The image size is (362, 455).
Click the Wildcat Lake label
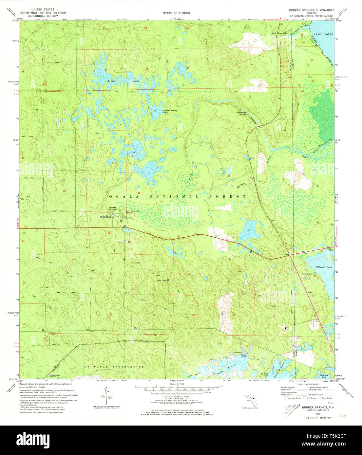[324, 267]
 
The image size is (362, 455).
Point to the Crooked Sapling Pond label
[170, 111]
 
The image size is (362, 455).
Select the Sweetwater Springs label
[241, 113]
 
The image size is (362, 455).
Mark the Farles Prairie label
[226, 371]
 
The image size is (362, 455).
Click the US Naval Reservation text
[114, 367]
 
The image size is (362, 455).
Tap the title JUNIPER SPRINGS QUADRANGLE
[311, 10]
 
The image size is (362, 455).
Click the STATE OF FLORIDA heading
[177, 13]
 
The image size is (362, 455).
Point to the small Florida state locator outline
[250, 401]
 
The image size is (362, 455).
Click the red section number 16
[139, 193]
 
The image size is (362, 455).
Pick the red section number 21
[150, 233]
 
